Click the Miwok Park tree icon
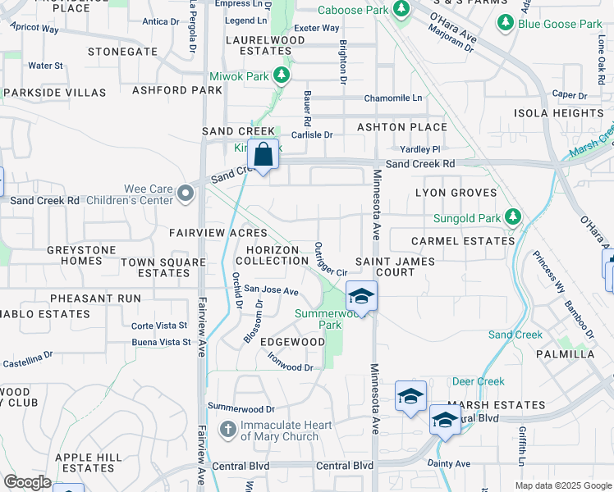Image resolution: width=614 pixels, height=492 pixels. (x=282, y=75)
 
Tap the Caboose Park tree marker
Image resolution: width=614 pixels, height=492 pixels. (x=401, y=9)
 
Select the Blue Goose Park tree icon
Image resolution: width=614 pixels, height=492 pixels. (x=506, y=25)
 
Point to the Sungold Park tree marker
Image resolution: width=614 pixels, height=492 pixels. (x=513, y=217)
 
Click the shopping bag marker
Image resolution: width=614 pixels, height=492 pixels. (x=263, y=154)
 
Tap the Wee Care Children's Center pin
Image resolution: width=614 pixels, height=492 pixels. (x=186, y=194)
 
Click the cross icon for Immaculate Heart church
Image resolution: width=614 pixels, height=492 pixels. (x=230, y=429)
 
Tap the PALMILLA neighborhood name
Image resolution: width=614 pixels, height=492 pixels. (x=565, y=354)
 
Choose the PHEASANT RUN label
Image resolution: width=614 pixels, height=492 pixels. (x=95, y=298)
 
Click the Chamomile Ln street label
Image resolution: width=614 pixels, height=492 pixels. (x=393, y=98)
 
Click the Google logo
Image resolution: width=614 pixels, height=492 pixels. (x=27, y=482)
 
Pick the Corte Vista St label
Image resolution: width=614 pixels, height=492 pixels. (x=160, y=326)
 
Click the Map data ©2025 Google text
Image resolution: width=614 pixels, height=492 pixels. (x=562, y=485)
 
